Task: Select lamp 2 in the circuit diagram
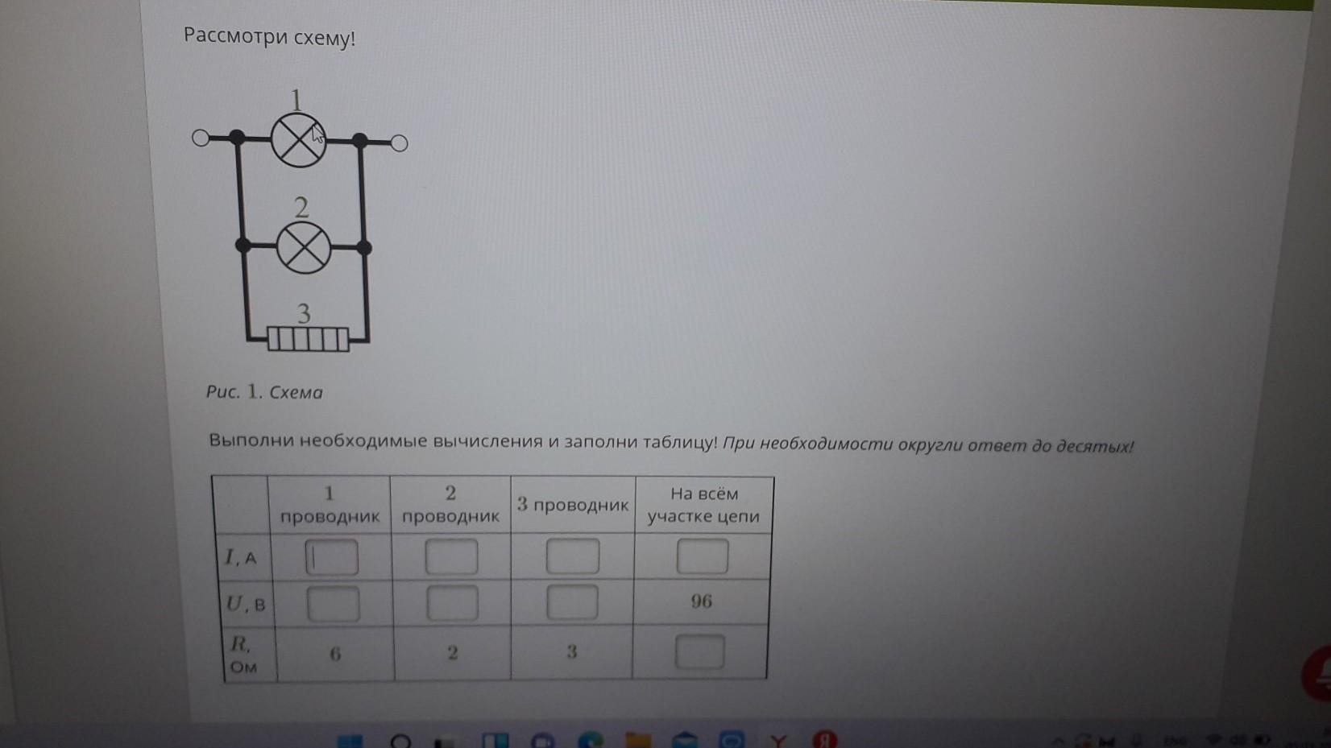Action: [x=304, y=247]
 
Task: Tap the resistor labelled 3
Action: [x=308, y=340]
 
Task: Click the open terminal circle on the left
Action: [x=201, y=138]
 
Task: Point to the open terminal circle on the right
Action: [x=400, y=143]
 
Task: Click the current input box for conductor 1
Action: [x=332, y=557]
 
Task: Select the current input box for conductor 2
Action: [x=451, y=556]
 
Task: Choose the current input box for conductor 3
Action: [x=573, y=556]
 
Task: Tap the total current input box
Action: [x=703, y=556]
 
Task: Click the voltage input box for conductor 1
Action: [x=333, y=604]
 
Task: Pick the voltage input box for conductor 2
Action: [x=452, y=603]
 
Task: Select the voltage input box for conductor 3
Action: [x=572, y=602]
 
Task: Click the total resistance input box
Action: [x=700, y=652]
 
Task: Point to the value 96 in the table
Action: [x=701, y=601]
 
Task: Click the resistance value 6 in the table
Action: [x=335, y=655]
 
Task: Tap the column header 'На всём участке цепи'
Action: [x=703, y=505]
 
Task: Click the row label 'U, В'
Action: [x=246, y=604]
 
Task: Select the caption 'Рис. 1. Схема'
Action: [x=264, y=392]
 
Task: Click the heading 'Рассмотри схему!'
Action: [x=269, y=37]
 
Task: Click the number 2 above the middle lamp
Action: [x=301, y=208]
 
